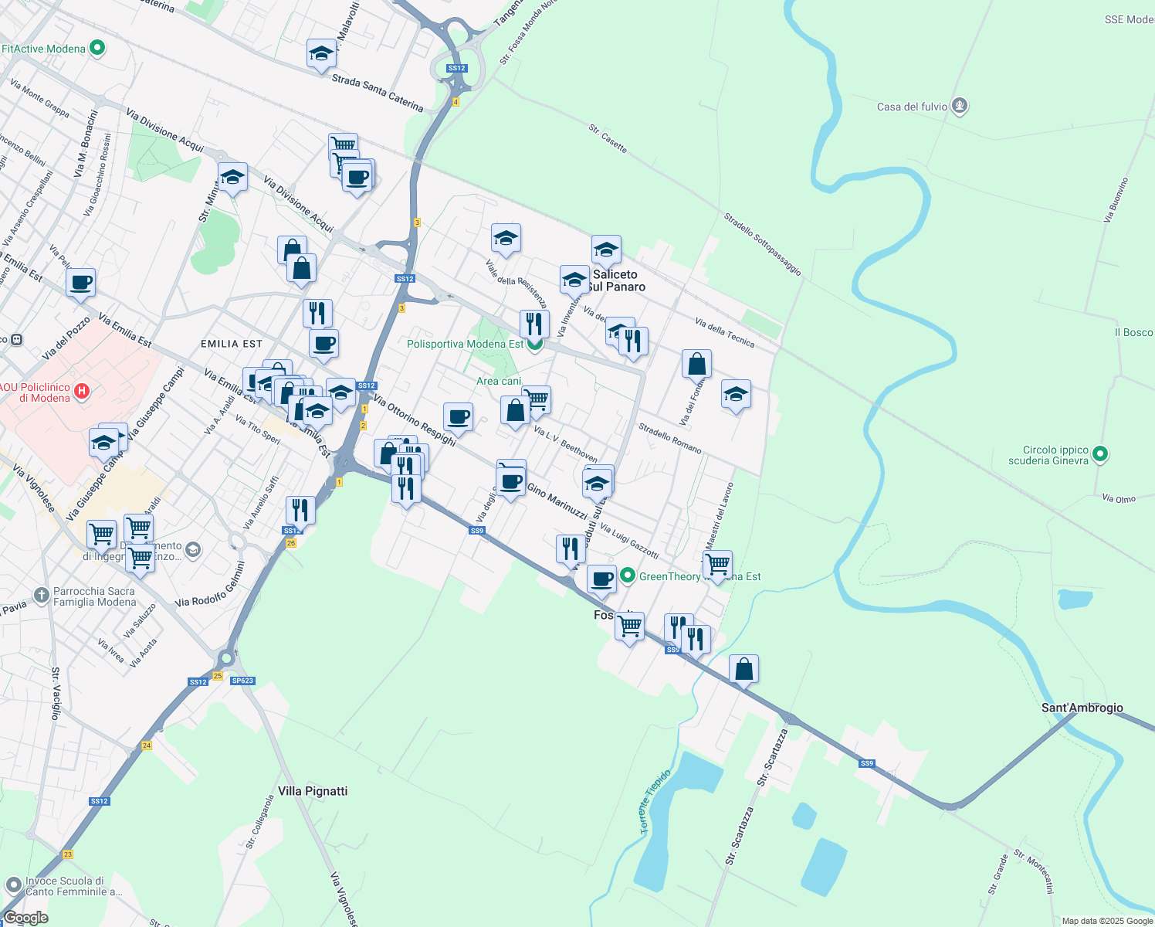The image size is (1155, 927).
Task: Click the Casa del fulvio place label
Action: [x=912, y=107]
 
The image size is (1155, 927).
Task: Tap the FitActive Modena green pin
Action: [x=97, y=49]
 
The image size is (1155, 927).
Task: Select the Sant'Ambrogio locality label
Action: [x=1082, y=708]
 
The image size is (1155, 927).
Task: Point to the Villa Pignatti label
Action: [x=313, y=791]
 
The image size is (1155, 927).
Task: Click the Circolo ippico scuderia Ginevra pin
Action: [x=1100, y=455]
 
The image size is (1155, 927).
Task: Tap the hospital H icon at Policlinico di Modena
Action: [x=81, y=392]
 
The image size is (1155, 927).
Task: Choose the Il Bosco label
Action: [x=1133, y=332]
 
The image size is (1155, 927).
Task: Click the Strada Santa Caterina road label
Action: [x=378, y=92]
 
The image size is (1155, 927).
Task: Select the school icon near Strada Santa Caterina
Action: [x=321, y=54]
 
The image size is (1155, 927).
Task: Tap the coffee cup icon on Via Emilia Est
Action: [x=80, y=283]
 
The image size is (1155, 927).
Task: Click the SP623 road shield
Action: [x=242, y=681]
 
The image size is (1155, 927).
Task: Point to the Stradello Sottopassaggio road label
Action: [x=762, y=244]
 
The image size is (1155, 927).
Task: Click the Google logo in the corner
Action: [x=25, y=918]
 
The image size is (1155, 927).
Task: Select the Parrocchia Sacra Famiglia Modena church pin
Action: [x=42, y=596]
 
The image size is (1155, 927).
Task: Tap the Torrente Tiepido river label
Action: [x=655, y=801]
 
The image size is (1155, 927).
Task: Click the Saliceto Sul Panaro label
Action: [x=615, y=280]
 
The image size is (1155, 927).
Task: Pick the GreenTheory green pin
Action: [x=628, y=576]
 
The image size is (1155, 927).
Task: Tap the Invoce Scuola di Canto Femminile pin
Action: [x=13, y=885]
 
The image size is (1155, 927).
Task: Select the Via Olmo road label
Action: [x=1119, y=499]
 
